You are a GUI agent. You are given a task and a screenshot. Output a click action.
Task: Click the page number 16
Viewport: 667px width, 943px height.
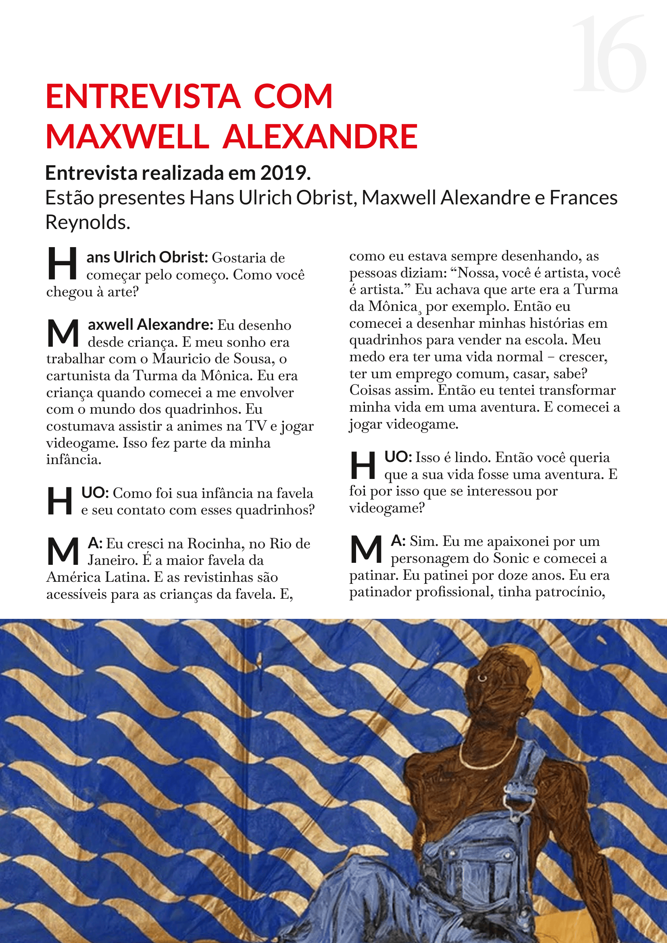pos(609,54)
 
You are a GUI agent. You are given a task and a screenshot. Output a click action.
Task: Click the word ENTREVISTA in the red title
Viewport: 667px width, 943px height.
pos(142,96)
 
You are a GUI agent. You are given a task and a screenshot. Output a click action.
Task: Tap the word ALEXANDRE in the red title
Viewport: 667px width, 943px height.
pos(320,136)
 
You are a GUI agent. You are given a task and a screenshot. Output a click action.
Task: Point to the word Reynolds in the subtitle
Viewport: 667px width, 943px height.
pos(87,222)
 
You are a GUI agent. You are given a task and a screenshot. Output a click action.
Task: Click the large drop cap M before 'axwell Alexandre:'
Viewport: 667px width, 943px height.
pos(63,333)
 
